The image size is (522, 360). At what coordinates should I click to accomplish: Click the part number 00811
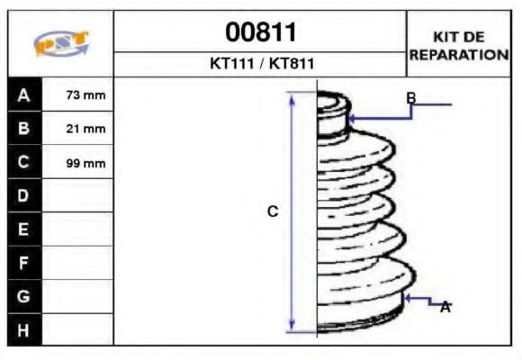260,32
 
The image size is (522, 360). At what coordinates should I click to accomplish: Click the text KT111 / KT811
260,65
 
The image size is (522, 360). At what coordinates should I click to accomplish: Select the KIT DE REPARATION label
459,45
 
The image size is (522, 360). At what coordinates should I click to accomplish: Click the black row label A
24,94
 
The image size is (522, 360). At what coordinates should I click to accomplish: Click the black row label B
24,129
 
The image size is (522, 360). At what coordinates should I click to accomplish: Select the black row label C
24,162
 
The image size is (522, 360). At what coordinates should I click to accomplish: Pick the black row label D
24,195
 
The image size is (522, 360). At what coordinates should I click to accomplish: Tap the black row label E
24,229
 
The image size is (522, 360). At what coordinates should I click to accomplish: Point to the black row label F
24,263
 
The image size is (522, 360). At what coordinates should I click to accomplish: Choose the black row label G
24,295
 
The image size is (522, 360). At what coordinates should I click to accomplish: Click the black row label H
24,329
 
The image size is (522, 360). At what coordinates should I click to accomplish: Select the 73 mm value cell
86,95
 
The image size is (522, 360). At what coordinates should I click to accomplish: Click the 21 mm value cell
86,129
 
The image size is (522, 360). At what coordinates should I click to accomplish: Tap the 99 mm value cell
86,163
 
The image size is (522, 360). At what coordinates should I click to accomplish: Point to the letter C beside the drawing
273,211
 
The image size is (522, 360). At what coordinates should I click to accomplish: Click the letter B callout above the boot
410,97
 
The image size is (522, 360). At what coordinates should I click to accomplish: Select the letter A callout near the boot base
445,307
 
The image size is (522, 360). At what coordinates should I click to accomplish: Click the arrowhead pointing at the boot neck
352,117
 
